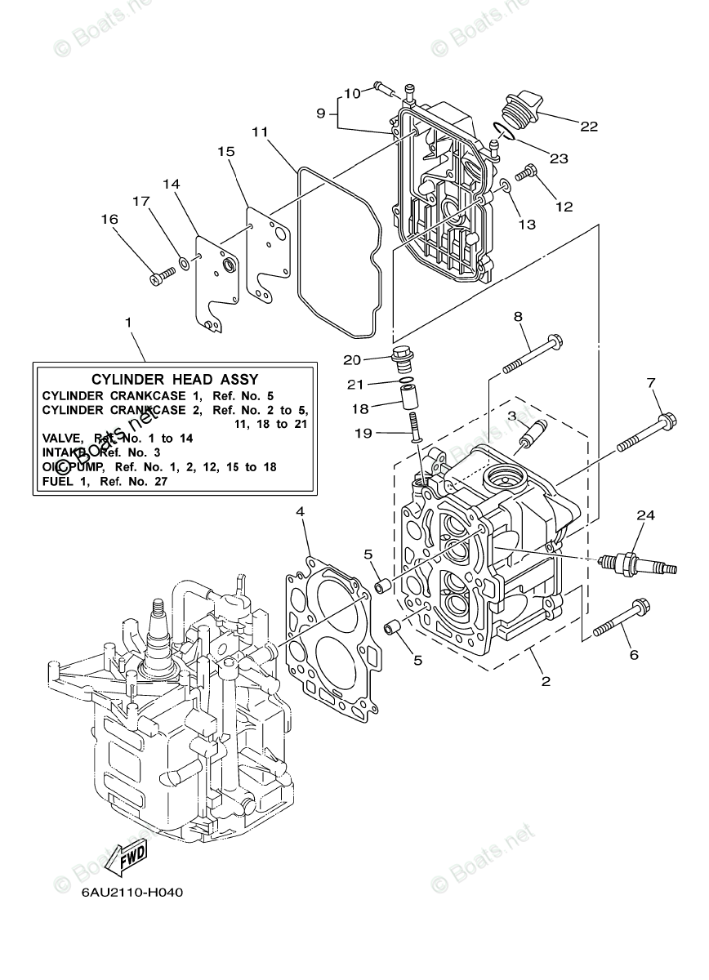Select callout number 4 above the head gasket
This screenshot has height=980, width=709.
tap(300, 512)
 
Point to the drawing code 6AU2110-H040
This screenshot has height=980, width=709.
tap(132, 892)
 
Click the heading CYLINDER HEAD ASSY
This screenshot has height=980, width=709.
tap(175, 379)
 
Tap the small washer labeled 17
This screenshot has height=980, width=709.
tap(185, 264)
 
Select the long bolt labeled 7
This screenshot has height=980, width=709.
tap(645, 433)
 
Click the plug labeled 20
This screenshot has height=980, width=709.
tap(401, 355)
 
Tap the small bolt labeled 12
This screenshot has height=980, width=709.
tap(529, 172)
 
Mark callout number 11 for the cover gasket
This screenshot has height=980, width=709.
tap(260, 131)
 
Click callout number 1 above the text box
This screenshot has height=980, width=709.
tap(128, 323)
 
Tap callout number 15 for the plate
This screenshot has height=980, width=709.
tap(225, 151)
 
